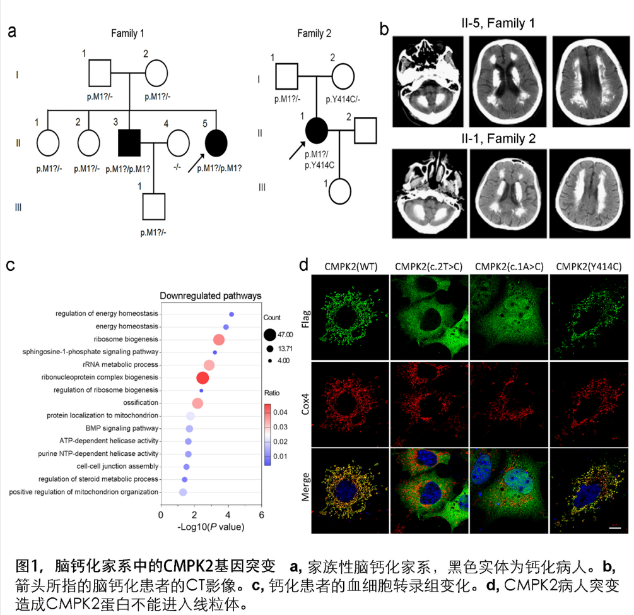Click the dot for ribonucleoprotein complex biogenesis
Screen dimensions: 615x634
pos(203,378)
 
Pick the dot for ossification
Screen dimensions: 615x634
pos(197,403)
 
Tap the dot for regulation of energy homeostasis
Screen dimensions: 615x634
pos(232,314)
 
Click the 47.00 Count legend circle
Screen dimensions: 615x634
pos(269,335)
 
